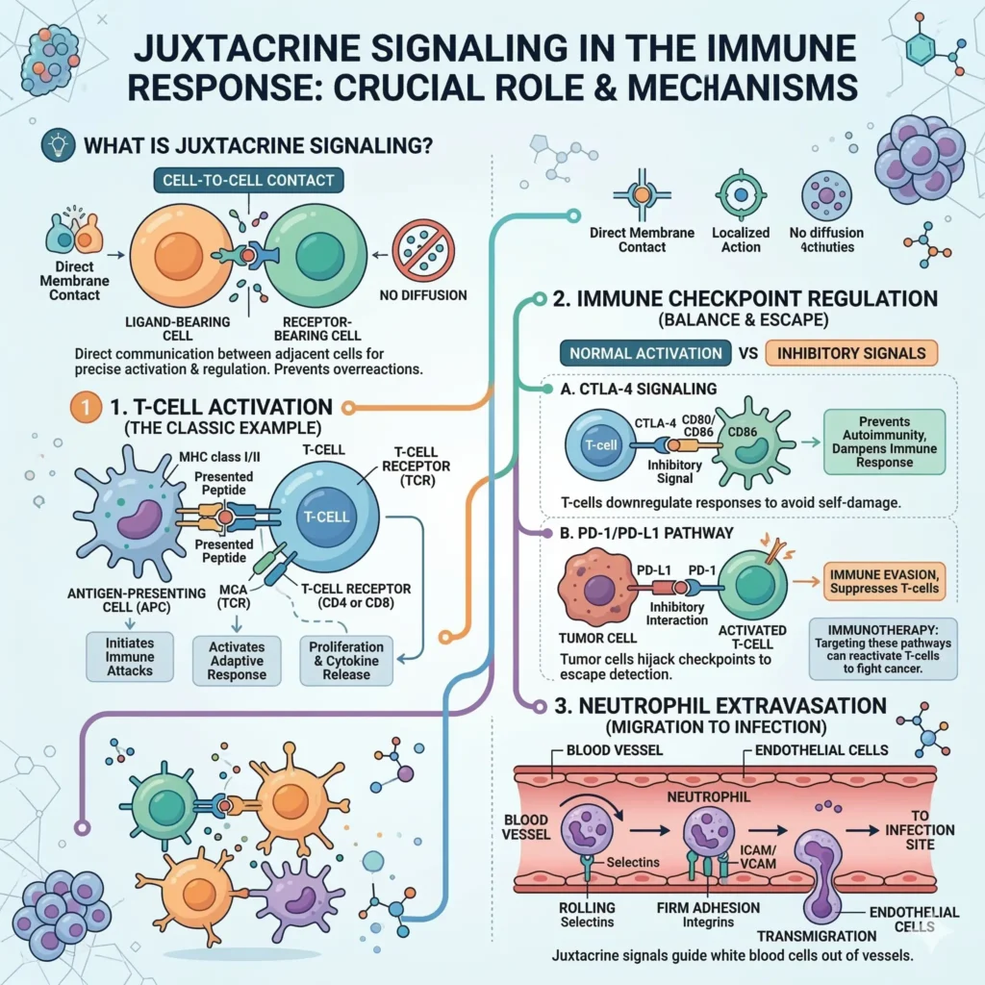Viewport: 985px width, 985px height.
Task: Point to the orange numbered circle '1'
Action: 85,407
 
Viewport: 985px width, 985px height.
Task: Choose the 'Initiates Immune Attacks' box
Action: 129,657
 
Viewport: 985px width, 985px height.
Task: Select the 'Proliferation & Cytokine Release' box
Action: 345,660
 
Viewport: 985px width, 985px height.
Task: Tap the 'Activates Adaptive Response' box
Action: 237,660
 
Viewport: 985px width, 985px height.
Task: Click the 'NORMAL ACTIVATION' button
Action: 644,352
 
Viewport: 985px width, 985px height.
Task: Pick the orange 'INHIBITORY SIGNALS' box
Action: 850,352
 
